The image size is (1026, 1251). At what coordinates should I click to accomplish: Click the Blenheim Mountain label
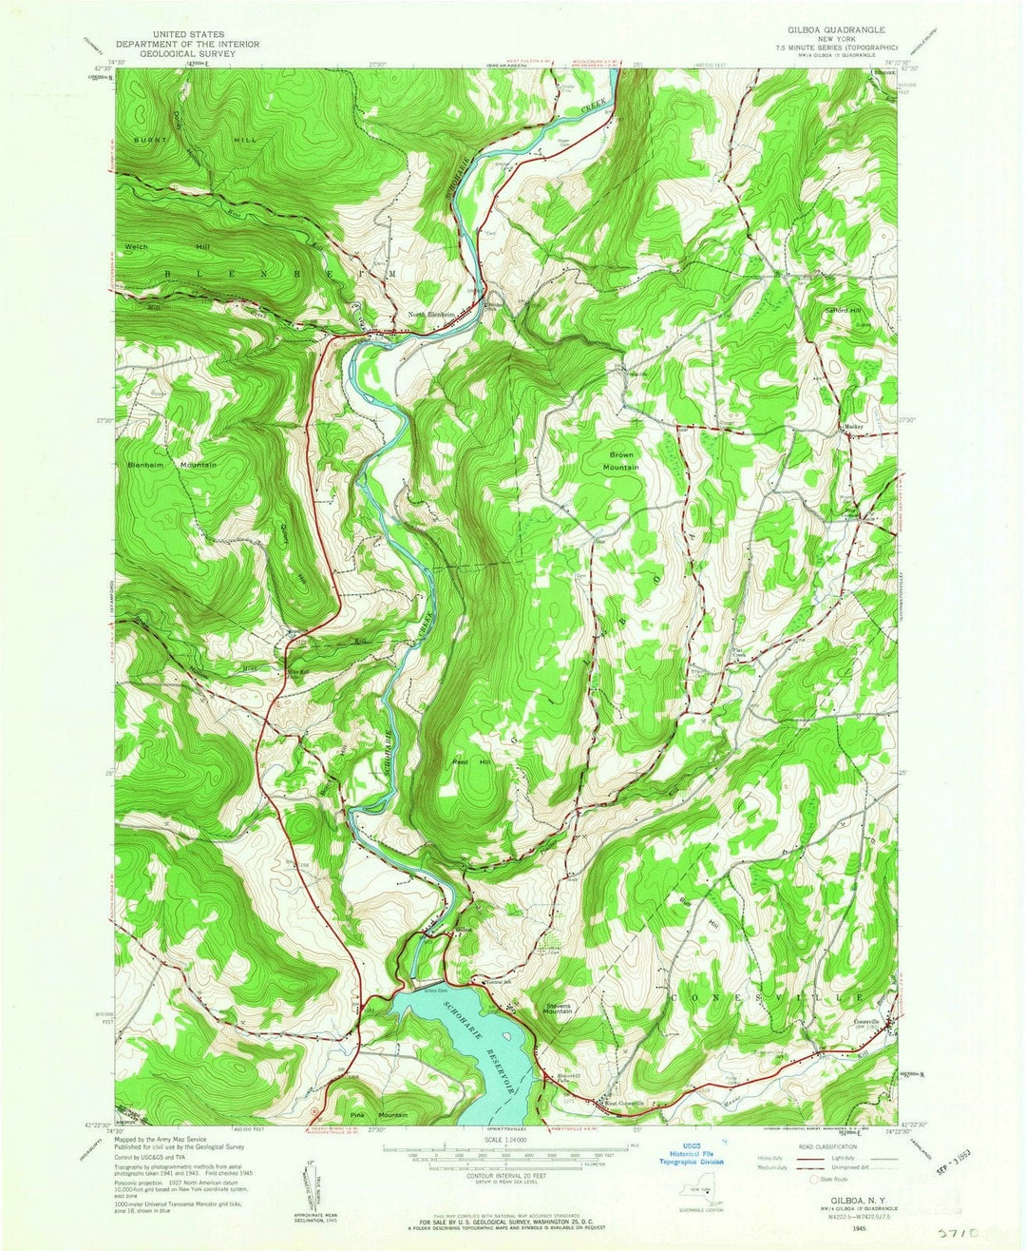point(172,464)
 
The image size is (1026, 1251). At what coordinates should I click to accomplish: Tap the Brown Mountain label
point(623,461)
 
